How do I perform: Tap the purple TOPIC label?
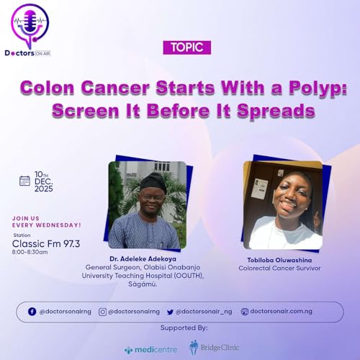[x=186, y=48]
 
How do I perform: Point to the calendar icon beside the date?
[x=25, y=181]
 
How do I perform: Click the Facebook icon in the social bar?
[x=32, y=311]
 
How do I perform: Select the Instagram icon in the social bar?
[x=102, y=311]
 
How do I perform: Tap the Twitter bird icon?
[x=171, y=311]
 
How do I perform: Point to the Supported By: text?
[x=182, y=328]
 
